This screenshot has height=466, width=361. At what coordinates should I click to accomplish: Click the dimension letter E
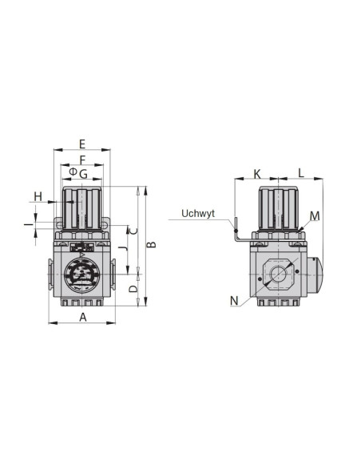tap(82, 144)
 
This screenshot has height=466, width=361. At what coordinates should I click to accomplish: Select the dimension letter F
tap(83, 160)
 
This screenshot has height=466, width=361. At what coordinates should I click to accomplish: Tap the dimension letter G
tap(84, 174)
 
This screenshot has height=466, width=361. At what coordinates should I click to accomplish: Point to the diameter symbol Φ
tap(73, 172)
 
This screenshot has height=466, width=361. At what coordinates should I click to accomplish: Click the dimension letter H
tap(38, 196)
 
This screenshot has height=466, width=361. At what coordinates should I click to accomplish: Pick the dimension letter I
tap(29, 224)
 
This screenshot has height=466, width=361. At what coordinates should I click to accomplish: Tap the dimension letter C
tap(134, 230)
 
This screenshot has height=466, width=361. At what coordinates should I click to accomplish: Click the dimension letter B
tap(152, 245)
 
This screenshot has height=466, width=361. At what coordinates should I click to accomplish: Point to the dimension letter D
tap(134, 289)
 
